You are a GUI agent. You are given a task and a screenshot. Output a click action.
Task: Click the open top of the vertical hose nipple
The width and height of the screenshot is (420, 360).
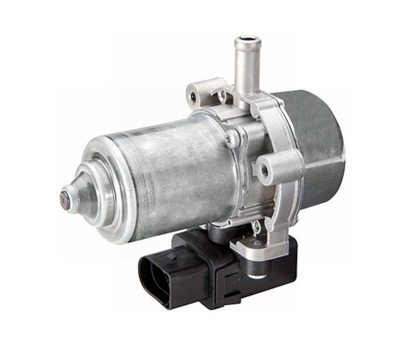click(x=247, y=39)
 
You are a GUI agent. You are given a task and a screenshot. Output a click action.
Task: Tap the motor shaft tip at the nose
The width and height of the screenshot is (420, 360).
click(x=64, y=198)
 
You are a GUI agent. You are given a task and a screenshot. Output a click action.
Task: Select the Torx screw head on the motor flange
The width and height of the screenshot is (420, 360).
click(x=231, y=139)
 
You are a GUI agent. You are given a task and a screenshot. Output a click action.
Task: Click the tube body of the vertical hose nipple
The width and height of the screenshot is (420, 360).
click(x=247, y=68)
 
